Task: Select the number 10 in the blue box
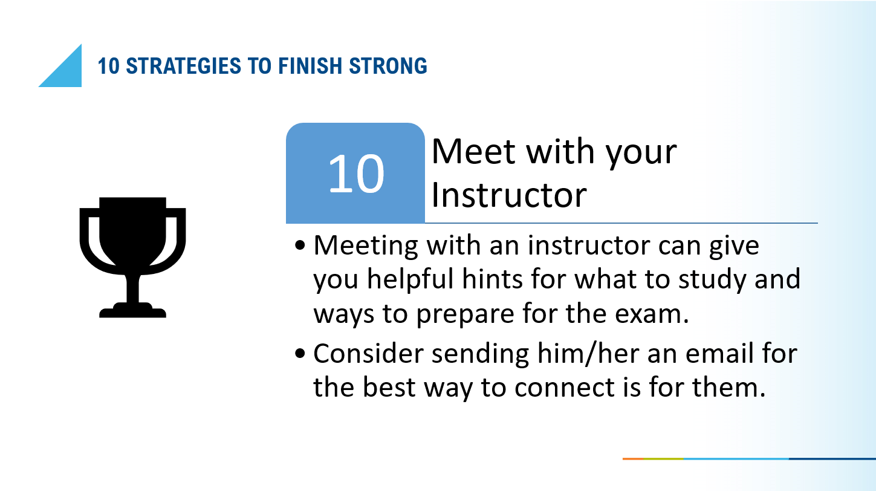[x=356, y=174]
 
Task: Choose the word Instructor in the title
[x=509, y=195]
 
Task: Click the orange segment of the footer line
[x=633, y=459]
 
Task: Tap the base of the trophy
[x=132, y=311]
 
